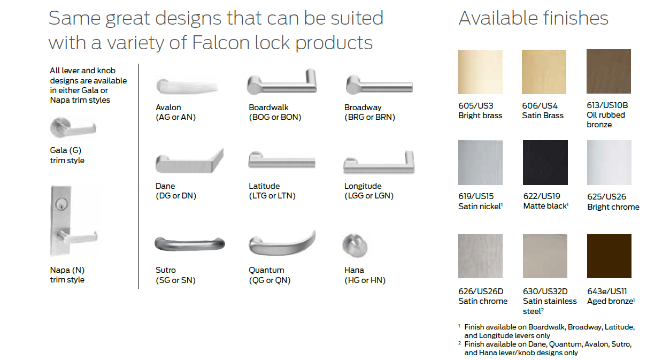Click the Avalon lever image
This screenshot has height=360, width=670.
[x=187, y=87]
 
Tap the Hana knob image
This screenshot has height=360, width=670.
[x=355, y=246]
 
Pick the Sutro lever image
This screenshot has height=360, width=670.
[x=190, y=244]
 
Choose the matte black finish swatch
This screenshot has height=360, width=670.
[x=545, y=163]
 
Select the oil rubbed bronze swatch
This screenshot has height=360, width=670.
[x=609, y=72]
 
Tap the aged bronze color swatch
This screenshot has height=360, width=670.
[x=609, y=256]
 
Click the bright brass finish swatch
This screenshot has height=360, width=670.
[x=480, y=72]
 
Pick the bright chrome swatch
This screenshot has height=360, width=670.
[x=609, y=163]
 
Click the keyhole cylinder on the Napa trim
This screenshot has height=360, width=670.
[x=61, y=204]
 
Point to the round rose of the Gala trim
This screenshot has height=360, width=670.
[x=60, y=127]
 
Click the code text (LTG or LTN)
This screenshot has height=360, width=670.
[x=272, y=196]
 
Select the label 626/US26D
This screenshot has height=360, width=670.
[x=481, y=291]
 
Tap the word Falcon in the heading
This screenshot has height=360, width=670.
[x=221, y=42]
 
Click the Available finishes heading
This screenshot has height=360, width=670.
[x=533, y=18]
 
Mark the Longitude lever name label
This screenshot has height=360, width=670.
[x=363, y=186]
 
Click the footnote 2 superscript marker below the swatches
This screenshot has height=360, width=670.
[x=459, y=343]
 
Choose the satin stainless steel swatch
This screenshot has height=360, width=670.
[x=545, y=256]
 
